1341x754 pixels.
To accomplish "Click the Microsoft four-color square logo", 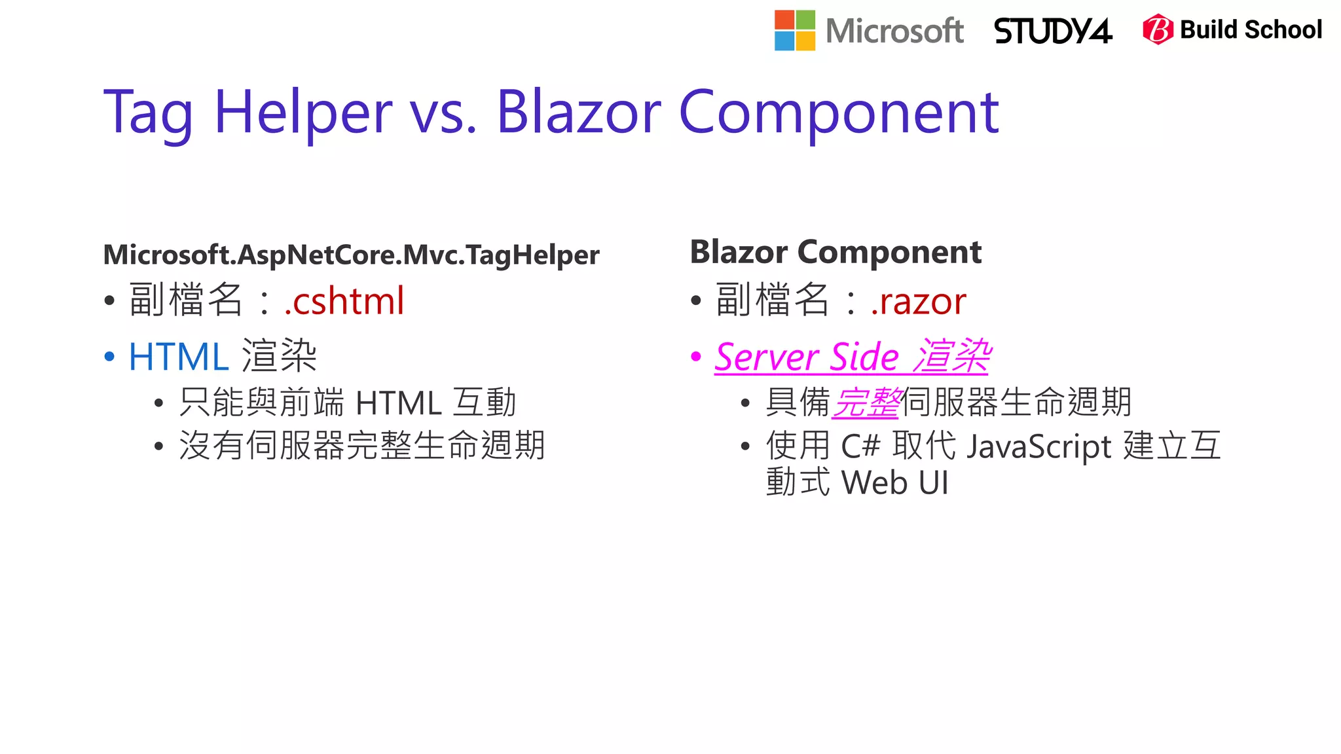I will coord(794,30).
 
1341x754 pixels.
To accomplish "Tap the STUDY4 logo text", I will coord(1053,31).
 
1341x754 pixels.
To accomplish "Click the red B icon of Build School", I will coord(1157,29).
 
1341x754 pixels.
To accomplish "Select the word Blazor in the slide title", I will coord(579,112).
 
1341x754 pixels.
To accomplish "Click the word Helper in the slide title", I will coord(303,112).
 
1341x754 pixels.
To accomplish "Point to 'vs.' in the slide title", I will coord(443,112).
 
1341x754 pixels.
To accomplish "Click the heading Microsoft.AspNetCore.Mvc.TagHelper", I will coord(351,255).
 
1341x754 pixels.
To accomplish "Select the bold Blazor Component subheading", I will coord(836,252).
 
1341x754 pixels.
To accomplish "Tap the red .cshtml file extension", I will coord(344,301).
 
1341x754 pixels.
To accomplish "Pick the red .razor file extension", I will coord(918,301).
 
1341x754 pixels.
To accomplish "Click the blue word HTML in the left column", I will coord(178,357).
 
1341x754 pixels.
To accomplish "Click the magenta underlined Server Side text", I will coord(807,357).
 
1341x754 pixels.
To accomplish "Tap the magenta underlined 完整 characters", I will coord(866,402).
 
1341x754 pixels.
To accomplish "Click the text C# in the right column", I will coord(860,446).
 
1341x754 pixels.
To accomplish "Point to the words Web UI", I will coord(894,483).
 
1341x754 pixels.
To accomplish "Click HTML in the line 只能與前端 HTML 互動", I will coord(398,403).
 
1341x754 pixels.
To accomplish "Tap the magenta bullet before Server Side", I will coord(696,357).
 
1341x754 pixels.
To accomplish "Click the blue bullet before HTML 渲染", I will coord(109,357).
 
